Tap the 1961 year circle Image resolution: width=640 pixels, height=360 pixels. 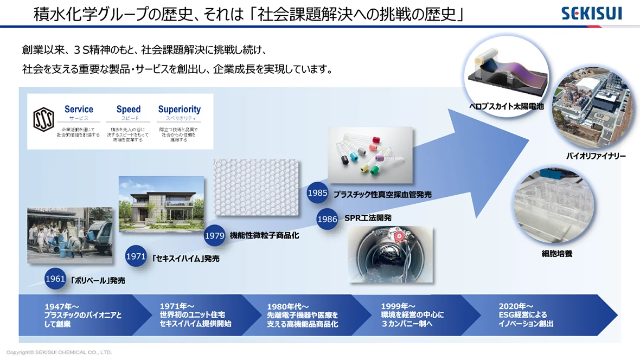click(55, 279)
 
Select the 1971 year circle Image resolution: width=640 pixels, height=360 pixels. click(136, 256)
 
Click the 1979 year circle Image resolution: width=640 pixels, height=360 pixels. click(215, 236)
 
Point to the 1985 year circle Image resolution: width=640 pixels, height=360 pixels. click(317, 192)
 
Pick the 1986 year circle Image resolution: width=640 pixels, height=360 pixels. click(327, 219)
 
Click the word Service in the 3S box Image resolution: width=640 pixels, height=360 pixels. click(79, 110)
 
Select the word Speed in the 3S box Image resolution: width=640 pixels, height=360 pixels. click(128, 110)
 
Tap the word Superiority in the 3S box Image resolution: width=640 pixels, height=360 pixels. click(179, 110)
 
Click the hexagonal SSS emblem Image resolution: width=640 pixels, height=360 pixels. click(43, 121)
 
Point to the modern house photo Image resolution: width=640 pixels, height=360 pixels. click(161, 203)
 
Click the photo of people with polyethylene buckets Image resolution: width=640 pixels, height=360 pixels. click(70, 235)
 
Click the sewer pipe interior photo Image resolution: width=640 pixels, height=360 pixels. click(390, 255)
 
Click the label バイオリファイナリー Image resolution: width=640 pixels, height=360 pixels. click(596, 156)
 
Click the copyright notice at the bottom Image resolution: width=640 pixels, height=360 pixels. click(59, 352)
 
